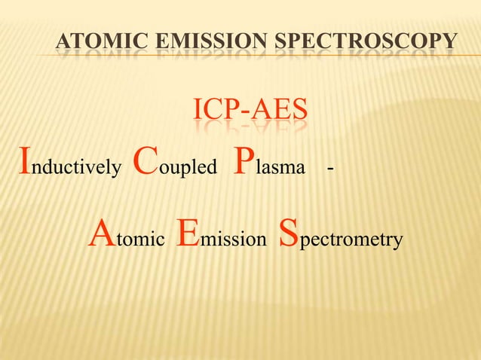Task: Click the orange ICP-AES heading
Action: [x=250, y=111]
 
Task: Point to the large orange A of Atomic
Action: [x=102, y=233]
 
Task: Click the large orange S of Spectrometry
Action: [x=290, y=233]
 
